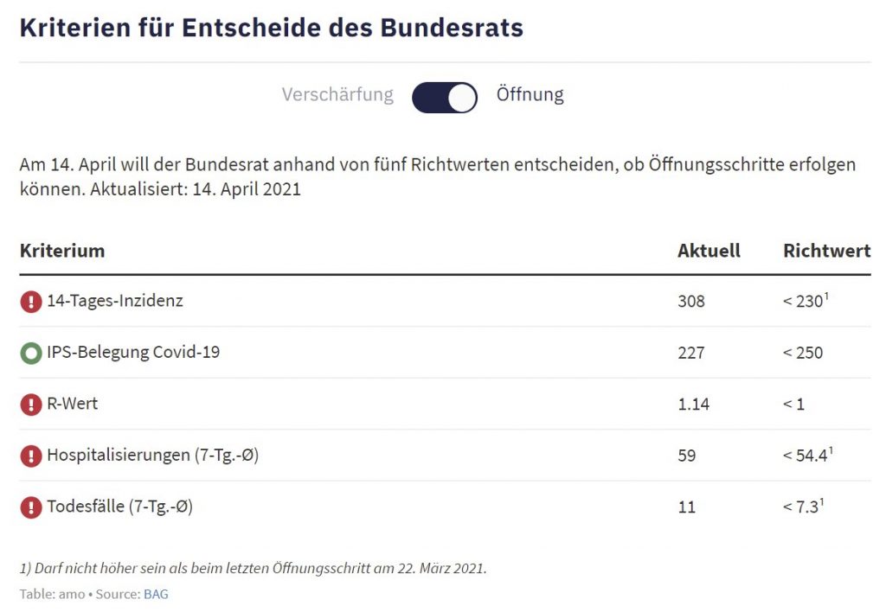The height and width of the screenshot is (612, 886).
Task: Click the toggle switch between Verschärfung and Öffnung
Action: pos(445,98)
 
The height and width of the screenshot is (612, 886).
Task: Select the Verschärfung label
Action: pos(337,94)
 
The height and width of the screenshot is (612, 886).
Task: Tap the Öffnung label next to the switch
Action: pos(530,94)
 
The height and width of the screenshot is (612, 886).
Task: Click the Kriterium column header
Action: pos(62,251)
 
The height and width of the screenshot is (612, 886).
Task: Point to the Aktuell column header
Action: pos(709,251)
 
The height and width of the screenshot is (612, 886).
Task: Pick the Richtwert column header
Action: pos(826,251)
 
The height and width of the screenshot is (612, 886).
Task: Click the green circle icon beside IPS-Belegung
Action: pos(31,354)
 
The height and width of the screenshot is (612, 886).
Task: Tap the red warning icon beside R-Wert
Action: pos(31,405)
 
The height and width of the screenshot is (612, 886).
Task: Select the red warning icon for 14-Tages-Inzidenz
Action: pos(31,302)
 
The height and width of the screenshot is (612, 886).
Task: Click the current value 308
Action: pos(691,302)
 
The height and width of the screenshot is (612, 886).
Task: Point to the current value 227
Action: pos(691,353)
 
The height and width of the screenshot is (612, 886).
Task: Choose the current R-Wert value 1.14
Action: pos(694,404)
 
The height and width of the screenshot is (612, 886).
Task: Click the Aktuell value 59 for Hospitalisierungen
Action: pos(687,456)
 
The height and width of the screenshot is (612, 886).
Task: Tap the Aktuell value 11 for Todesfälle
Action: pos(686,507)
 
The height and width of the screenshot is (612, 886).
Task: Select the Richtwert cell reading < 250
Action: pos(803,353)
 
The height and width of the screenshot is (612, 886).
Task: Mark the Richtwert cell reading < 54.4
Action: pos(806,456)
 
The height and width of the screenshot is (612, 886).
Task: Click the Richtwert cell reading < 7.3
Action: pos(801,507)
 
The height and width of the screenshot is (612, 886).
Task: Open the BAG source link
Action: pos(156,595)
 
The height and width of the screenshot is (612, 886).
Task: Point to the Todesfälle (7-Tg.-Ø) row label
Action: pos(119,507)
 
